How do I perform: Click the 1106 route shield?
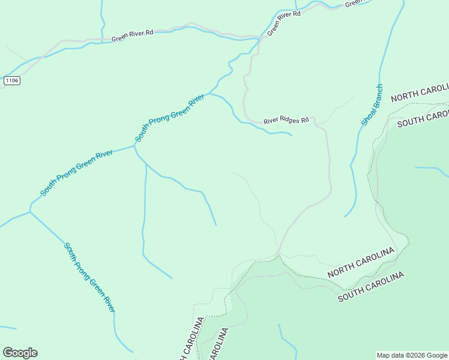coord(11,80)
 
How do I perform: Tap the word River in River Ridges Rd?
coord(272,120)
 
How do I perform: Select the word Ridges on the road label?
coord(290,120)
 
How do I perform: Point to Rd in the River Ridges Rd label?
coord(305,120)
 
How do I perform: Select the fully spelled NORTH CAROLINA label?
coord(361,262)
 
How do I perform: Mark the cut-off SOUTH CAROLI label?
coord(423,117)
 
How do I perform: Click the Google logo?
coord(20,353)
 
